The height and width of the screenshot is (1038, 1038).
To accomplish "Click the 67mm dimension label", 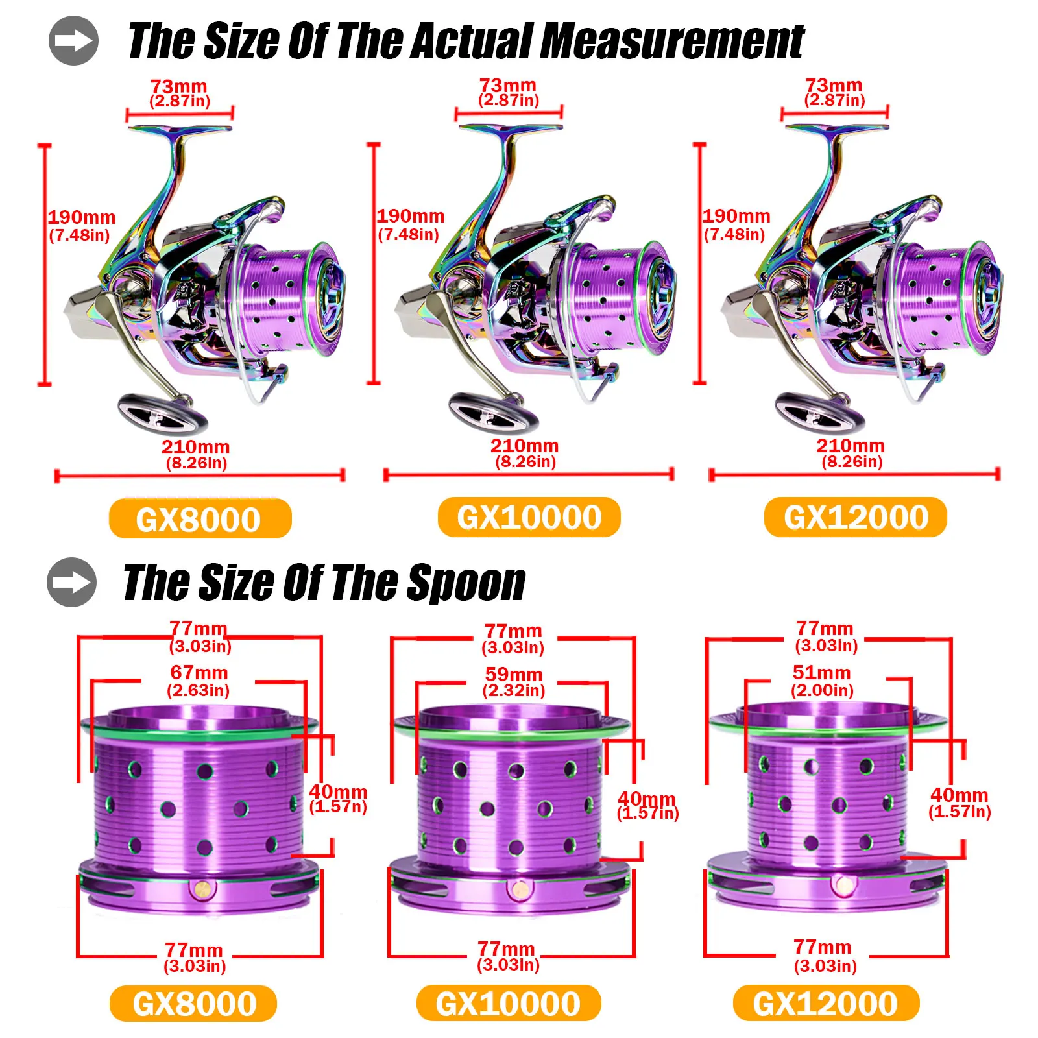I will (x=199, y=673).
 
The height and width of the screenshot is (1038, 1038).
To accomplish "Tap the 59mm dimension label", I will (x=514, y=675).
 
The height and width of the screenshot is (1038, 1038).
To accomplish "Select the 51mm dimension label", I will (x=821, y=673).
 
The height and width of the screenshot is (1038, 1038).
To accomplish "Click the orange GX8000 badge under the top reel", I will (x=200, y=519).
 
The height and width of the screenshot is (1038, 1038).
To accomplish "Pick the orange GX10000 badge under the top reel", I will (x=529, y=518).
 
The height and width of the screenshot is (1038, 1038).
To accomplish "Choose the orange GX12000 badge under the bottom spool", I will (x=825, y=1004).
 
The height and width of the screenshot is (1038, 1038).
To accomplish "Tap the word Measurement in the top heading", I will (x=671, y=42).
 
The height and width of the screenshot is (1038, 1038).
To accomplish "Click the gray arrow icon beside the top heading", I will (x=74, y=41).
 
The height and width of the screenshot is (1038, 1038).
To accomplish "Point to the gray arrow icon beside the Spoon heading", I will (x=72, y=582).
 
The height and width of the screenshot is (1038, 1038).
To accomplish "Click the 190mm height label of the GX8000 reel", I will (x=82, y=218).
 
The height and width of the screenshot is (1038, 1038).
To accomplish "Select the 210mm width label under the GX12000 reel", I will (x=850, y=446).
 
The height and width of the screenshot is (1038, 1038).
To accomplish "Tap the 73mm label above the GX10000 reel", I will (x=507, y=86).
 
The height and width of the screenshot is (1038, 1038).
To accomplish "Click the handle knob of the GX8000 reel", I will (x=162, y=413).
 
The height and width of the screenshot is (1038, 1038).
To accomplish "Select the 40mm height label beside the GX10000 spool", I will (x=646, y=799).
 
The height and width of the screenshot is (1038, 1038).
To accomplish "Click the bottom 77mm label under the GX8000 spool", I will (x=193, y=950).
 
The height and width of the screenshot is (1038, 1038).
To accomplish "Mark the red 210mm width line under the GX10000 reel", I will (x=528, y=475).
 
